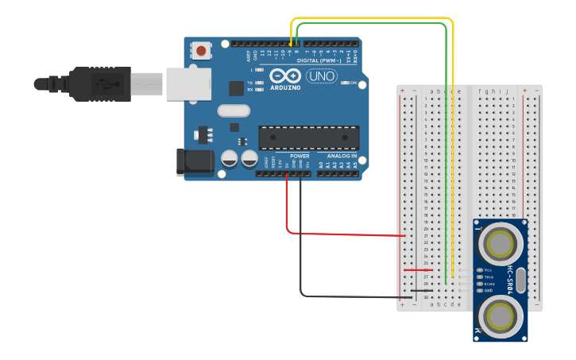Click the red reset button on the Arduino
click(201, 51)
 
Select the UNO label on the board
click(322, 77)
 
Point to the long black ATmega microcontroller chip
click(308, 137)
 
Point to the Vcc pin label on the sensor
click(489, 270)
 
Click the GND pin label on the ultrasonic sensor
click(489, 291)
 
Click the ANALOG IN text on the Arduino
click(339, 156)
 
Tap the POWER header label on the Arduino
click(300, 156)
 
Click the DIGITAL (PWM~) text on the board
click(319, 60)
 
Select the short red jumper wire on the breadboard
click(418, 270)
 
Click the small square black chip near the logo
click(236, 88)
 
